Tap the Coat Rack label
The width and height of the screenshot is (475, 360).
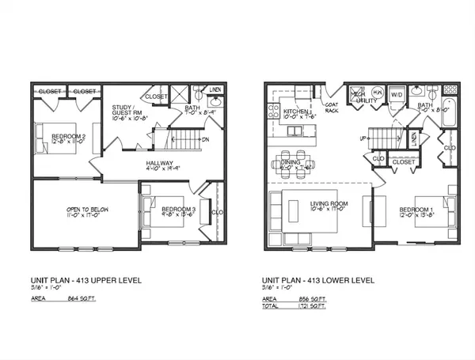tap(332, 109)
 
